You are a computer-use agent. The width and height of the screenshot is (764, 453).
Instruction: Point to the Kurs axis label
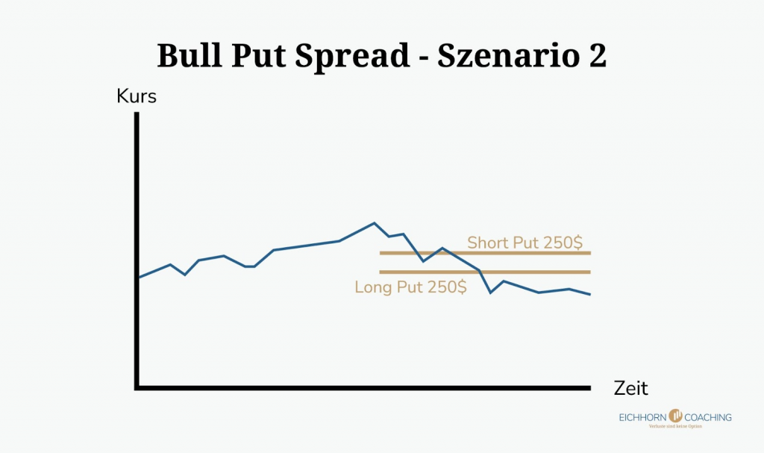coord(137,96)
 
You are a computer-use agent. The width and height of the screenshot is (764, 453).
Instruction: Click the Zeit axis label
coord(630,388)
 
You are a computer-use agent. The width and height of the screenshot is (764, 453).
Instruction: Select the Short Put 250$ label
coord(525,243)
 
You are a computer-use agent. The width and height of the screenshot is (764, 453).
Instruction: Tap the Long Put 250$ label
coord(410,287)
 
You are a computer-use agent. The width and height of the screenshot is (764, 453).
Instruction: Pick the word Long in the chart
coord(374,287)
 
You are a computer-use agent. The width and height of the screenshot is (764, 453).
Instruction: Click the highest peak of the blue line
coord(374,222)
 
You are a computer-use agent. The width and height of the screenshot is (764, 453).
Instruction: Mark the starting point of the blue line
coord(139,278)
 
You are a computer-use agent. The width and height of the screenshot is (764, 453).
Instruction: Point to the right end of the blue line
coord(590,295)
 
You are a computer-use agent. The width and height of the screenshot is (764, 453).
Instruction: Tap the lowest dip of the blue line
coord(491,293)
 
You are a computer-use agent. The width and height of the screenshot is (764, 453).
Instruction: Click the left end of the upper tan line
coord(381,253)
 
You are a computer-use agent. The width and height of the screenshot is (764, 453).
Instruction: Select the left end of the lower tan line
coord(381,272)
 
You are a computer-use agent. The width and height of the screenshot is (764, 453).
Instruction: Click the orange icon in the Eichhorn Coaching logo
coord(676,416)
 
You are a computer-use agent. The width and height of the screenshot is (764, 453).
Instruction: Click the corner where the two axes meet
coord(137,387)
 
